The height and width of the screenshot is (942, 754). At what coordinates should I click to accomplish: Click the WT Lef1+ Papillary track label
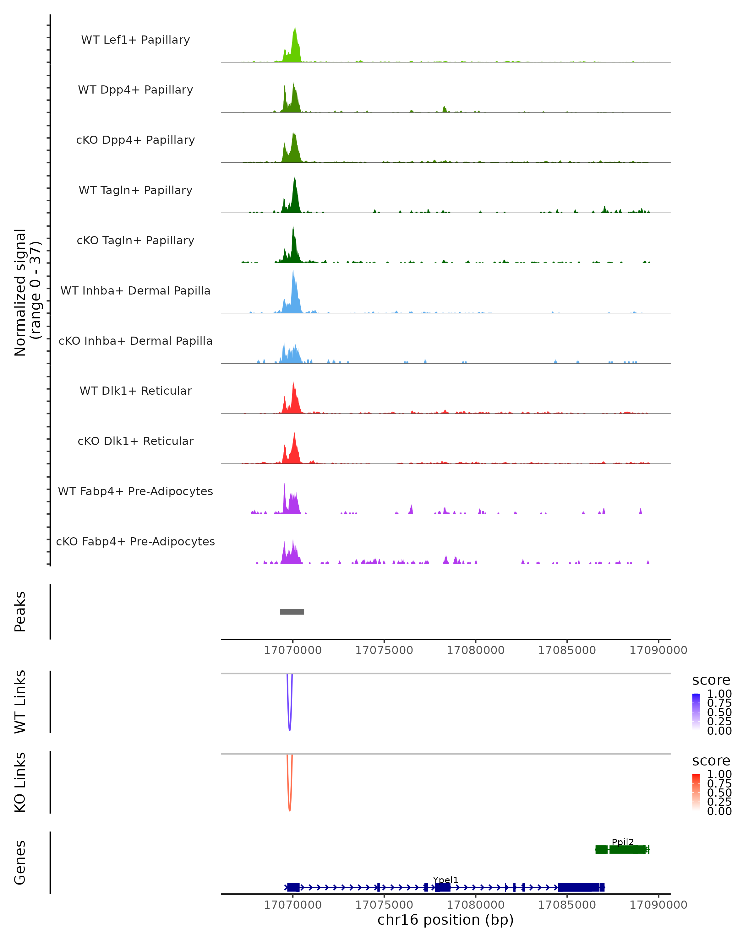135,40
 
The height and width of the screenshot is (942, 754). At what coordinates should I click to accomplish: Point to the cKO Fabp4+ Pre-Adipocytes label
135,541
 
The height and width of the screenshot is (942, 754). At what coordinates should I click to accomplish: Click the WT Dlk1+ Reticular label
135,391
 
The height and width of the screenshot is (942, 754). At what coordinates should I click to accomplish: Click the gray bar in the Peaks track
292,612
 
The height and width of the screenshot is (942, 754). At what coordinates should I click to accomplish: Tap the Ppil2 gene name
622,842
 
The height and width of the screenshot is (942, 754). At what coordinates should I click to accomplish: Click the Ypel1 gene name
445,880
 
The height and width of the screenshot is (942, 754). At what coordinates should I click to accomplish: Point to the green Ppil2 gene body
627,849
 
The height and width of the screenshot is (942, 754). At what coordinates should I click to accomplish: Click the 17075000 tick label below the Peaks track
384,650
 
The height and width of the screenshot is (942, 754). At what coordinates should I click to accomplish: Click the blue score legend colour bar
696,712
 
